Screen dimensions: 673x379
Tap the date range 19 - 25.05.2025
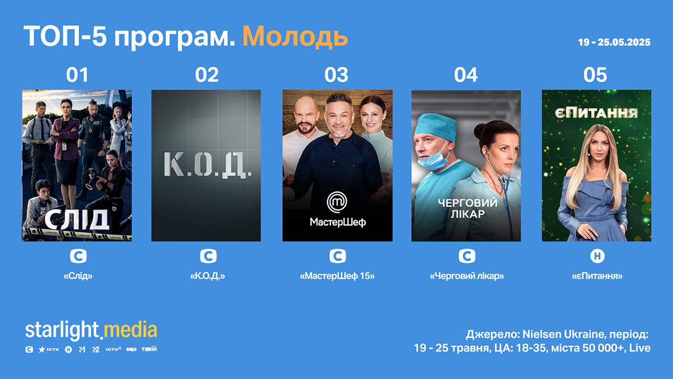pyautogui.click(x=614, y=42)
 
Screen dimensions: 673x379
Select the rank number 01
pyautogui.click(x=77, y=75)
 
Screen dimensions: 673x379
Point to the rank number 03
pyautogui.click(x=336, y=75)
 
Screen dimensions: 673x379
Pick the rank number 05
pyautogui.click(x=595, y=75)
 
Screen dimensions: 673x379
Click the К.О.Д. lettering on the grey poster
pyautogui.click(x=208, y=165)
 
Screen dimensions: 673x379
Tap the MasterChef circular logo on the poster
pyautogui.click(x=337, y=202)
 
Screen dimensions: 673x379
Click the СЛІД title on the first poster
pyautogui.click(x=77, y=220)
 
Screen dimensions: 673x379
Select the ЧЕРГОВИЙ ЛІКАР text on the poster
pyautogui.click(x=468, y=208)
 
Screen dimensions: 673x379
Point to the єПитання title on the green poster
pyautogui.click(x=596, y=113)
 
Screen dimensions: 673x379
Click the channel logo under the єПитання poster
pyautogui.click(x=597, y=256)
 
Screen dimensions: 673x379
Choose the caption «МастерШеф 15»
pyautogui.click(x=337, y=276)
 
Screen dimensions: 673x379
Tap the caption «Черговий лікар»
pyautogui.click(x=467, y=276)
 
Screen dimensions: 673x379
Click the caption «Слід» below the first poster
pyautogui.click(x=78, y=276)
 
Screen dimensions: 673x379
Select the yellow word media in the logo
pyautogui.click(x=130, y=330)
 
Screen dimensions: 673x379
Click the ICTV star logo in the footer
pyautogui.click(x=48, y=349)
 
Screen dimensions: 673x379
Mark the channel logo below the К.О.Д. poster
pyautogui.click(x=208, y=256)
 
